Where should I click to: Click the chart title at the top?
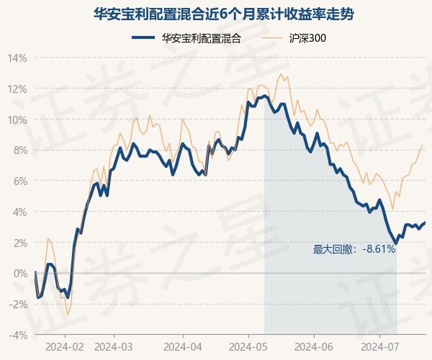[x=223, y=14]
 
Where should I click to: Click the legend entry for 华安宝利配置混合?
[x=186, y=38]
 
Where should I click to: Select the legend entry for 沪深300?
[x=294, y=38]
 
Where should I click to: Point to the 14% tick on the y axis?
[x=17, y=58]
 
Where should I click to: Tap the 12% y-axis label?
[x=17, y=89]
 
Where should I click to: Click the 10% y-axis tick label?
[x=17, y=120]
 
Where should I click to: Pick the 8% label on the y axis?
[x=19, y=150]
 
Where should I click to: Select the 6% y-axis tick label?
[x=19, y=181]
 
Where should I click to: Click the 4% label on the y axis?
[x=19, y=212]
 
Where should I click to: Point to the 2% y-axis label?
[x=19, y=243]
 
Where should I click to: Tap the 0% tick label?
[x=19, y=274]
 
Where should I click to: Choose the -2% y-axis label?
[x=17, y=305]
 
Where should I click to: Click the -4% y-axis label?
[x=17, y=336]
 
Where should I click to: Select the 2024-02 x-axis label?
[x=65, y=347]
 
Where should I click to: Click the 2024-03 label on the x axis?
[x=114, y=347]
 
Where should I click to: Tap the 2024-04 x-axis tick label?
[x=183, y=347]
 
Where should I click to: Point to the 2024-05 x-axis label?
[x=248, y=347]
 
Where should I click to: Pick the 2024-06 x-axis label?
[x=314, y=347]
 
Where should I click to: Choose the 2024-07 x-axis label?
[x=379, y=347]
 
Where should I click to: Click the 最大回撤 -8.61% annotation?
[x=354, y=250]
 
